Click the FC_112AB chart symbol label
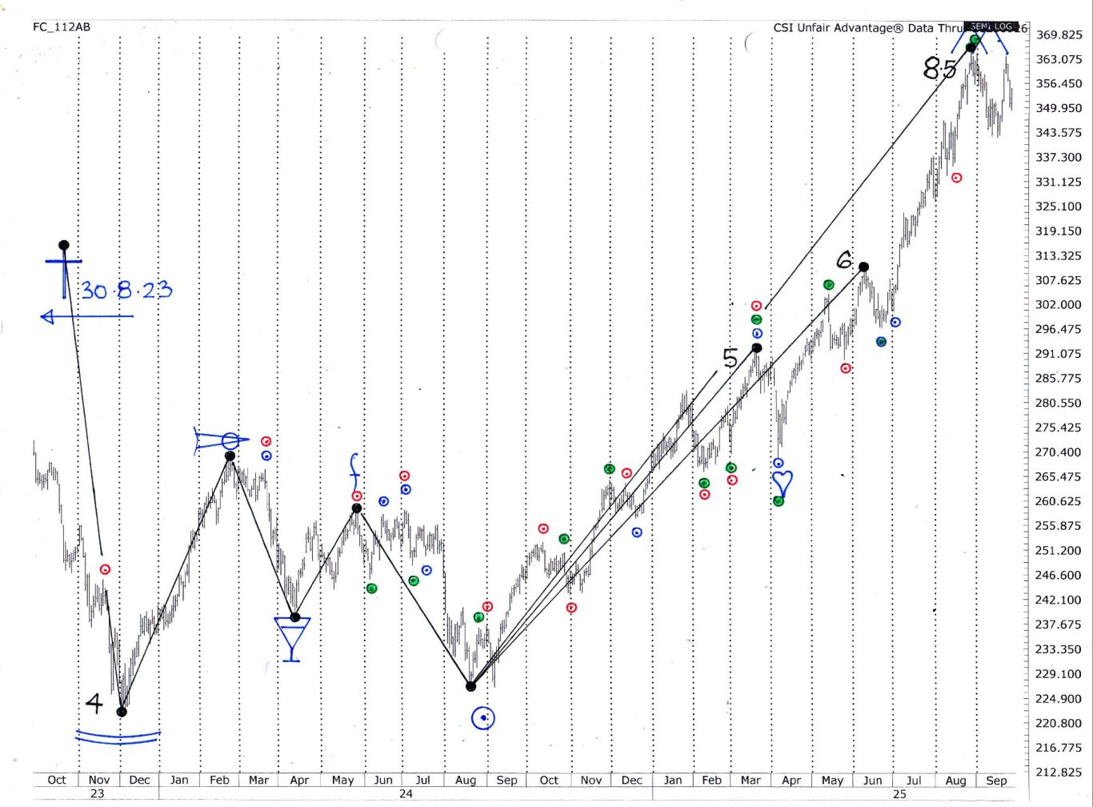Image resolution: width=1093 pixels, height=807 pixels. (x=62, y=27)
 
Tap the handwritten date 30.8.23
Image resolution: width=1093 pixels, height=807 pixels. (x=126, y=290)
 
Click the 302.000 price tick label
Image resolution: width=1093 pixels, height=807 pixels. (x=1058, y=304)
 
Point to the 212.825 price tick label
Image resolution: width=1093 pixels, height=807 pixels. (x=1058, y=772)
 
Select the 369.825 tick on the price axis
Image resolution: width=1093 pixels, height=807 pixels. (x=1058, y=34)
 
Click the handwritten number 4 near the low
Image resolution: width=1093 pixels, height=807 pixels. (x=94, y=704)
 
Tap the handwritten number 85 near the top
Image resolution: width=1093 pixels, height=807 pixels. (x=939, y=68)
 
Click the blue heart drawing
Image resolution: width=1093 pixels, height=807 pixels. (x=782, y=483)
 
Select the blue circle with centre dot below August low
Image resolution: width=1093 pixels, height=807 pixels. (x=483, y=718)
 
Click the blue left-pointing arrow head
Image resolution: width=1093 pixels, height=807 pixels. (x=47, y=317)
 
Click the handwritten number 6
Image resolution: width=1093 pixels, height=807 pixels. (x=844, y=260)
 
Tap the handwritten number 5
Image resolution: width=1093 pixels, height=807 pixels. (x=730, y=358)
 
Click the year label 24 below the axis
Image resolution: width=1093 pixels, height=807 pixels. (x=406, y=793)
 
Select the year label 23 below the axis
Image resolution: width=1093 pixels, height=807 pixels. (x=97, y=793)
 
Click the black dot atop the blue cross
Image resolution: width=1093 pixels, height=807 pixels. (x=64, y=245)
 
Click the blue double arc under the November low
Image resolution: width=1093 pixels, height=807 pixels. (x=118, y=737)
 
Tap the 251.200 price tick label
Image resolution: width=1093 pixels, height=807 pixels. (x=1058, y=550)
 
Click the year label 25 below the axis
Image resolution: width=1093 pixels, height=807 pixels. (x=899, y=793)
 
